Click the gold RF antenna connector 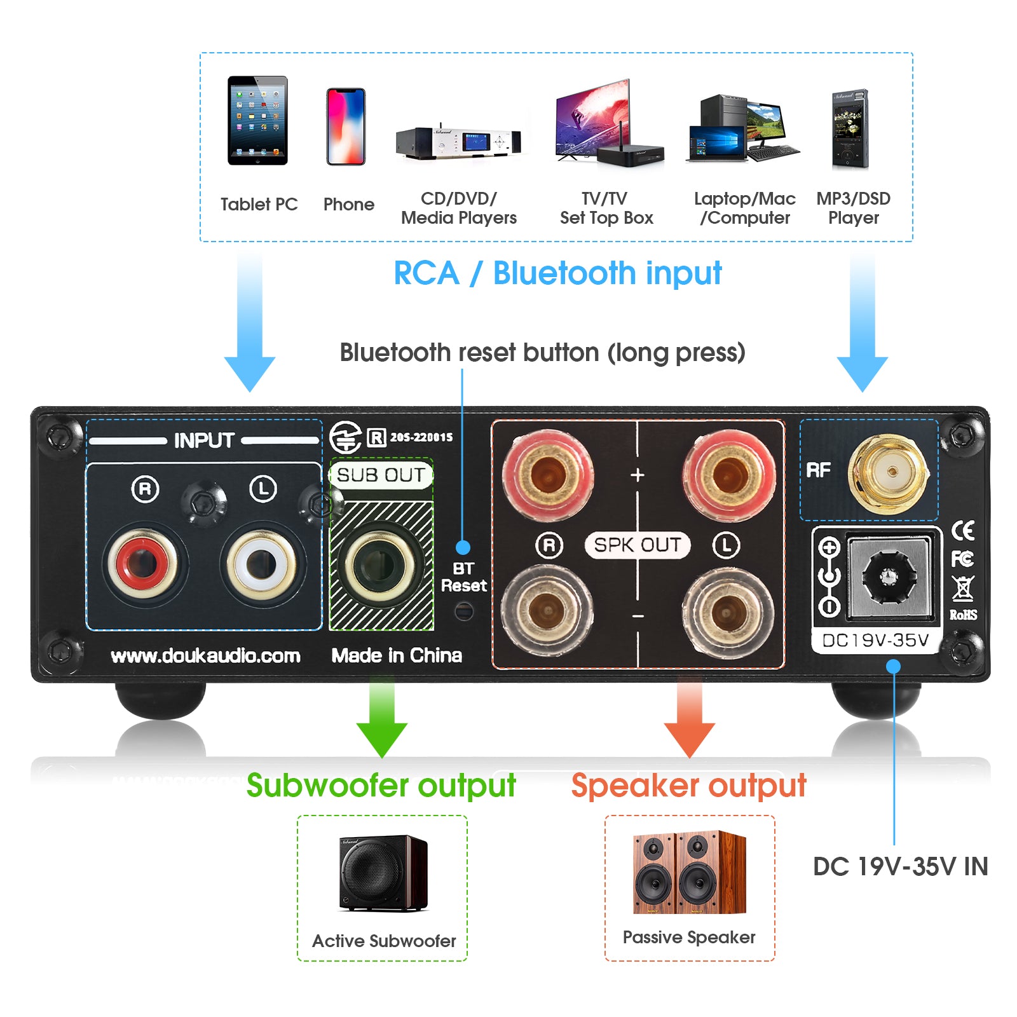[x=892, y=472]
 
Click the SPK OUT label [x=637, y=545]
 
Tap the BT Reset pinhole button [x=464, y=611]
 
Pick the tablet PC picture [x=257, y=121]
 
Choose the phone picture [x=346, y=126]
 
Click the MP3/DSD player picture [x=850, y=129]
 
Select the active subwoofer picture [x=383, y=873]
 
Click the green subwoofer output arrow [x=381, y=718]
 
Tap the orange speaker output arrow [x=689, y=718]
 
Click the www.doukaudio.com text [x=205, y=656]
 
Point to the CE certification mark [x=963, y=529]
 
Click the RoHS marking [x=963, y=615]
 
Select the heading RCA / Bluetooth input [x=557, y=274]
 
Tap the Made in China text [x=397, y=655]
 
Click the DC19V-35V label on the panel [x=875, y=640]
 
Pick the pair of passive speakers [x=689, y=872]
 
